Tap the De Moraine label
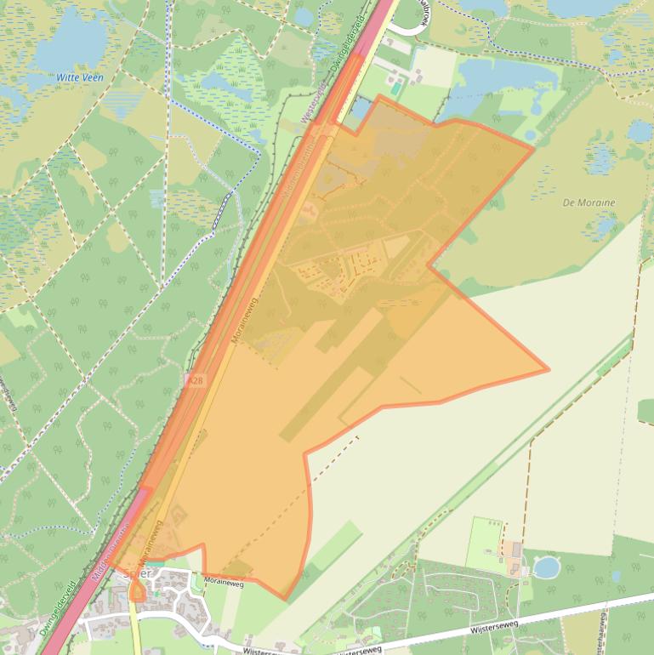point(589,203)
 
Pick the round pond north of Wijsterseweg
point(546,567)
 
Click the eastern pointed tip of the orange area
point(547,370)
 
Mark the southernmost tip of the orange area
point(287,599)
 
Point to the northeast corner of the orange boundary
point(533,147)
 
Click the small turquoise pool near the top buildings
point(396,88)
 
